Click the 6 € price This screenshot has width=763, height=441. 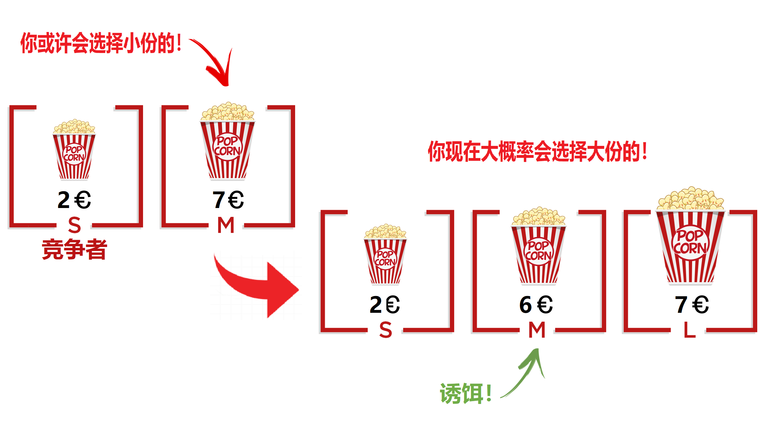point(536,305)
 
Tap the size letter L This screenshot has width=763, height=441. point(690,330)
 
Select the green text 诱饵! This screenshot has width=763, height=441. point(465,393)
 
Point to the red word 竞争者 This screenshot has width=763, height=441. point(75,249)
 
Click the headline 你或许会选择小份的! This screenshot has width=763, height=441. point(101,43)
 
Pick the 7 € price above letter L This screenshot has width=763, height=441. point(692,305)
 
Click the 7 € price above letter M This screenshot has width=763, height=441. point(228,200)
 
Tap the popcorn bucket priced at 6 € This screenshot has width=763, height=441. point(538,247)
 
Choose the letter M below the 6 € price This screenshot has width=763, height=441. point(537,330)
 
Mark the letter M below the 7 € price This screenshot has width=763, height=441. point(226,225)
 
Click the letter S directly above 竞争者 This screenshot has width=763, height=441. point(75,225)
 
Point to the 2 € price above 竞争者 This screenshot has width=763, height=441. point(74,200)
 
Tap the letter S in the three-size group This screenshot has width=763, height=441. point(385,330)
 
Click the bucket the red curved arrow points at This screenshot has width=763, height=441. point(228,142)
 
